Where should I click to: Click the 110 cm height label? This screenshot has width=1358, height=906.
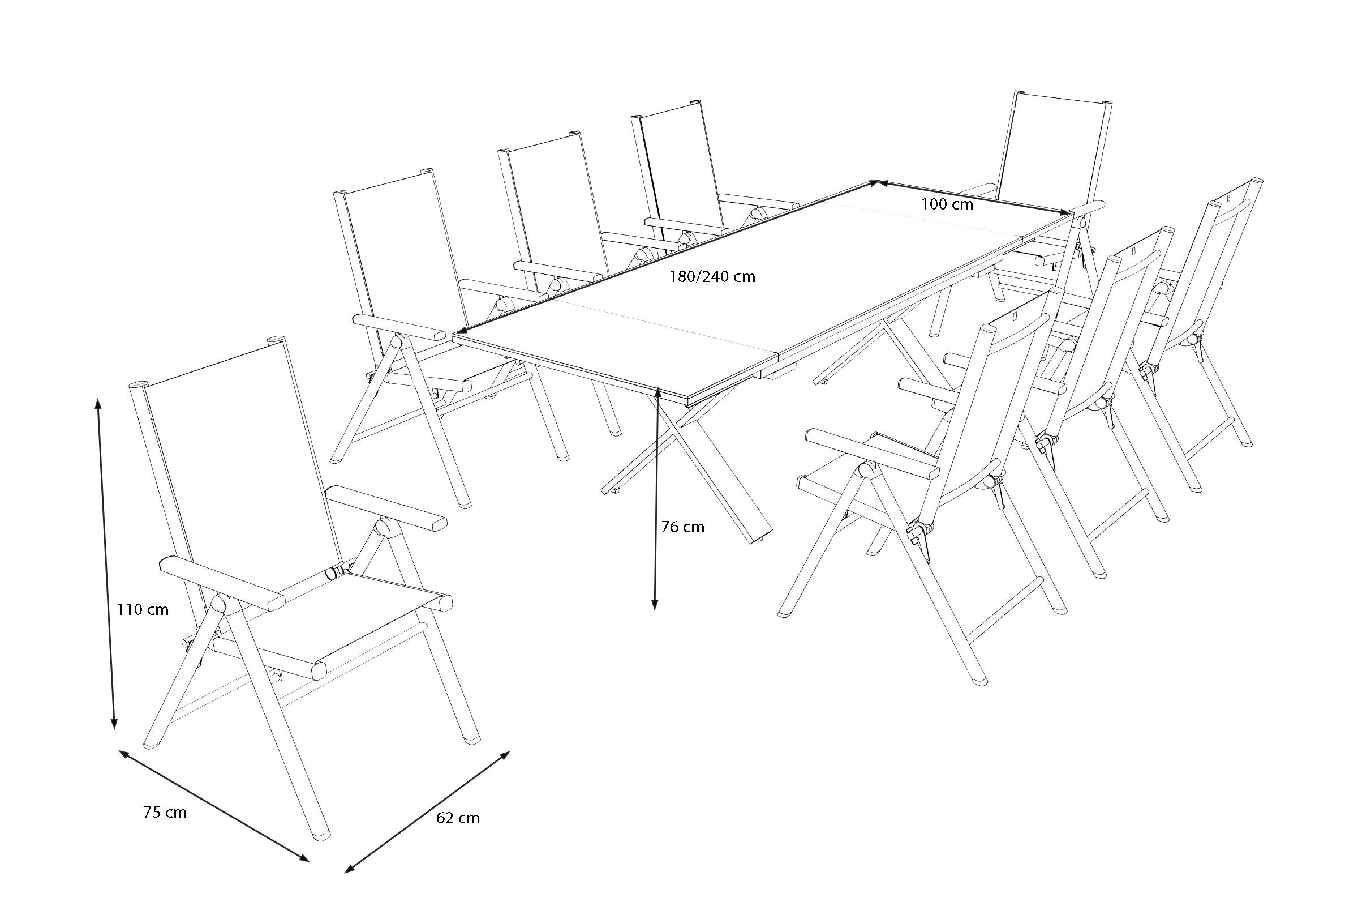pos(143,609)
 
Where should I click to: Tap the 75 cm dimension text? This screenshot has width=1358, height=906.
pos(165,812)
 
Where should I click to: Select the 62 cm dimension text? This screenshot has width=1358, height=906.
pos(458,818)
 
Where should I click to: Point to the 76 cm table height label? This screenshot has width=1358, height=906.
pos(683,527)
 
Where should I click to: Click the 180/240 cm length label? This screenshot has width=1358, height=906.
pos(712,277)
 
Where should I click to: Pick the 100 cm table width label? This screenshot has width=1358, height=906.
pos(947,204)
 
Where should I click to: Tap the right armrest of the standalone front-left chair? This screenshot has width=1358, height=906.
pos(387,508)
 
